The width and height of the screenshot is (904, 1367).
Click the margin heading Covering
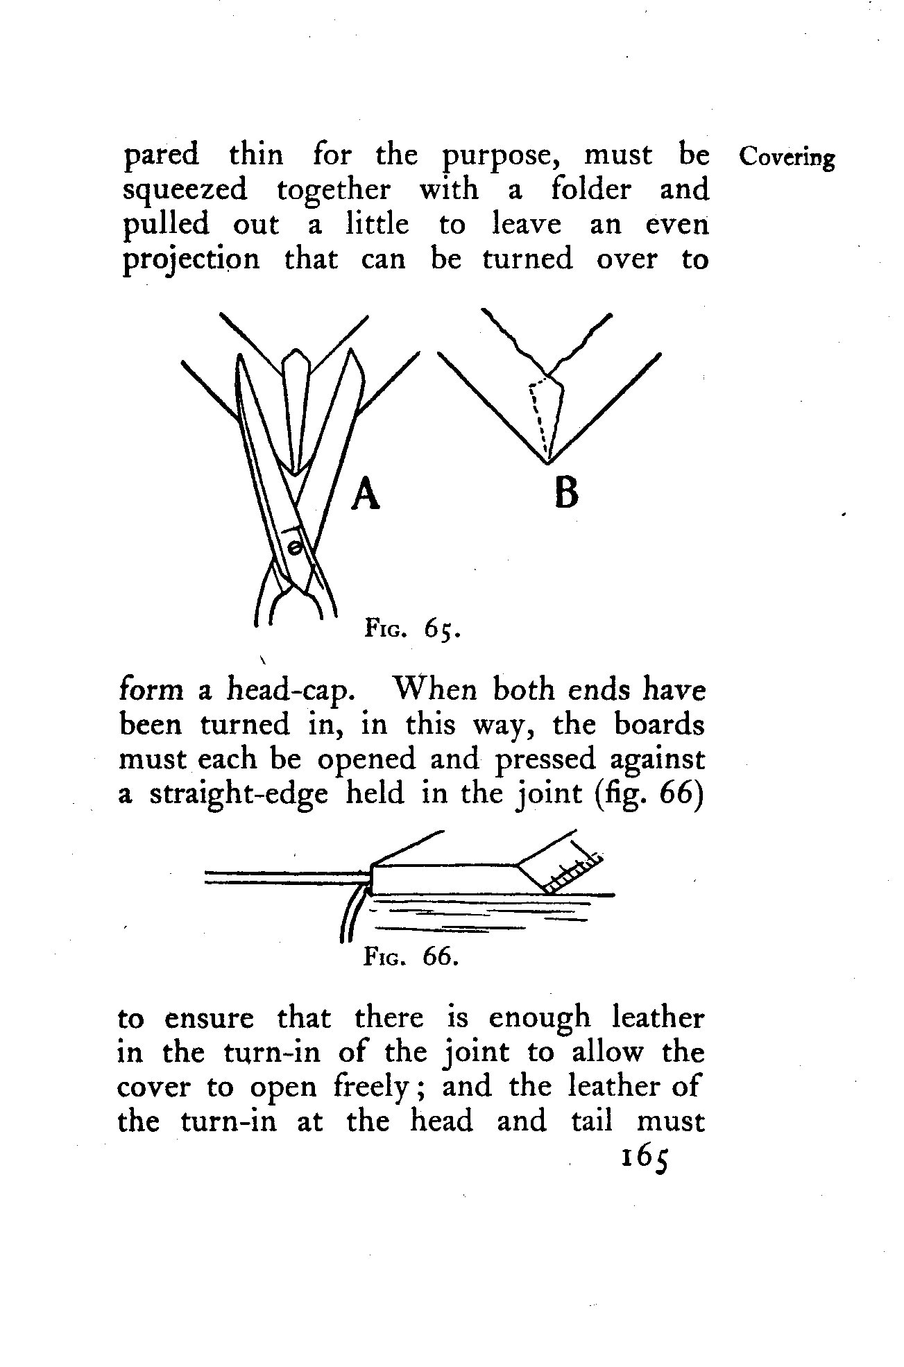[x=786, y=157]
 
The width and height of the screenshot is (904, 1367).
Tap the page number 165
[x=645, y=1158]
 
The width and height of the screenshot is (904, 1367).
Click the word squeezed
[x=185, y=191]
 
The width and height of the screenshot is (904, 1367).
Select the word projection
[x=191, y=261]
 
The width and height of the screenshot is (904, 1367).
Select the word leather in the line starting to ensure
[x=658, y=1018]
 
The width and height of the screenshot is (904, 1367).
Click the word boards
[x=659, y=725]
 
